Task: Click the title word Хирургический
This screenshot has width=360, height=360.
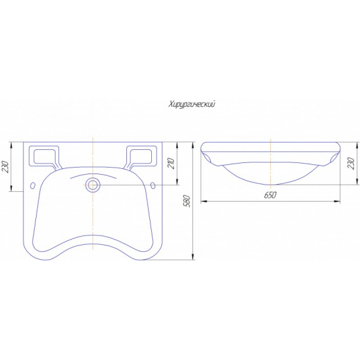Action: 192,105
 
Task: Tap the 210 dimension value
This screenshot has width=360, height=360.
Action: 172,164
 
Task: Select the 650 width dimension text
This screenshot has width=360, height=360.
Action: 270,195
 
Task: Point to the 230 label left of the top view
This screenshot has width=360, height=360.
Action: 5,167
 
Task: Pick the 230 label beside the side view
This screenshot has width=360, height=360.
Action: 352,164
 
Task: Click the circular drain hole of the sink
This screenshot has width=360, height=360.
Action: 93,185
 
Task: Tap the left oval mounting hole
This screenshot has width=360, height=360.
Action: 33,185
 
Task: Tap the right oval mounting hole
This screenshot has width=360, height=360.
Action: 153,185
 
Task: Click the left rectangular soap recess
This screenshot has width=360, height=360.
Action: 45,156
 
